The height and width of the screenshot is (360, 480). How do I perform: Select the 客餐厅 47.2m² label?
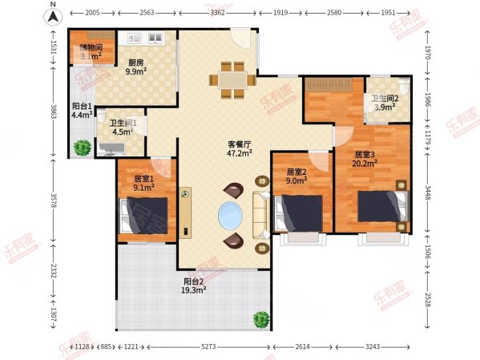[x=239, y=148]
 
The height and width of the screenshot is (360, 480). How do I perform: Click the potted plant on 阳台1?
[x=82, y=148]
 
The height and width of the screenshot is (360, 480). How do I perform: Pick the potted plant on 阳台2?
[x=261, y=320]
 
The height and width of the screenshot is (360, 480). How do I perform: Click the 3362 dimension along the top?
[x=240, y=14]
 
